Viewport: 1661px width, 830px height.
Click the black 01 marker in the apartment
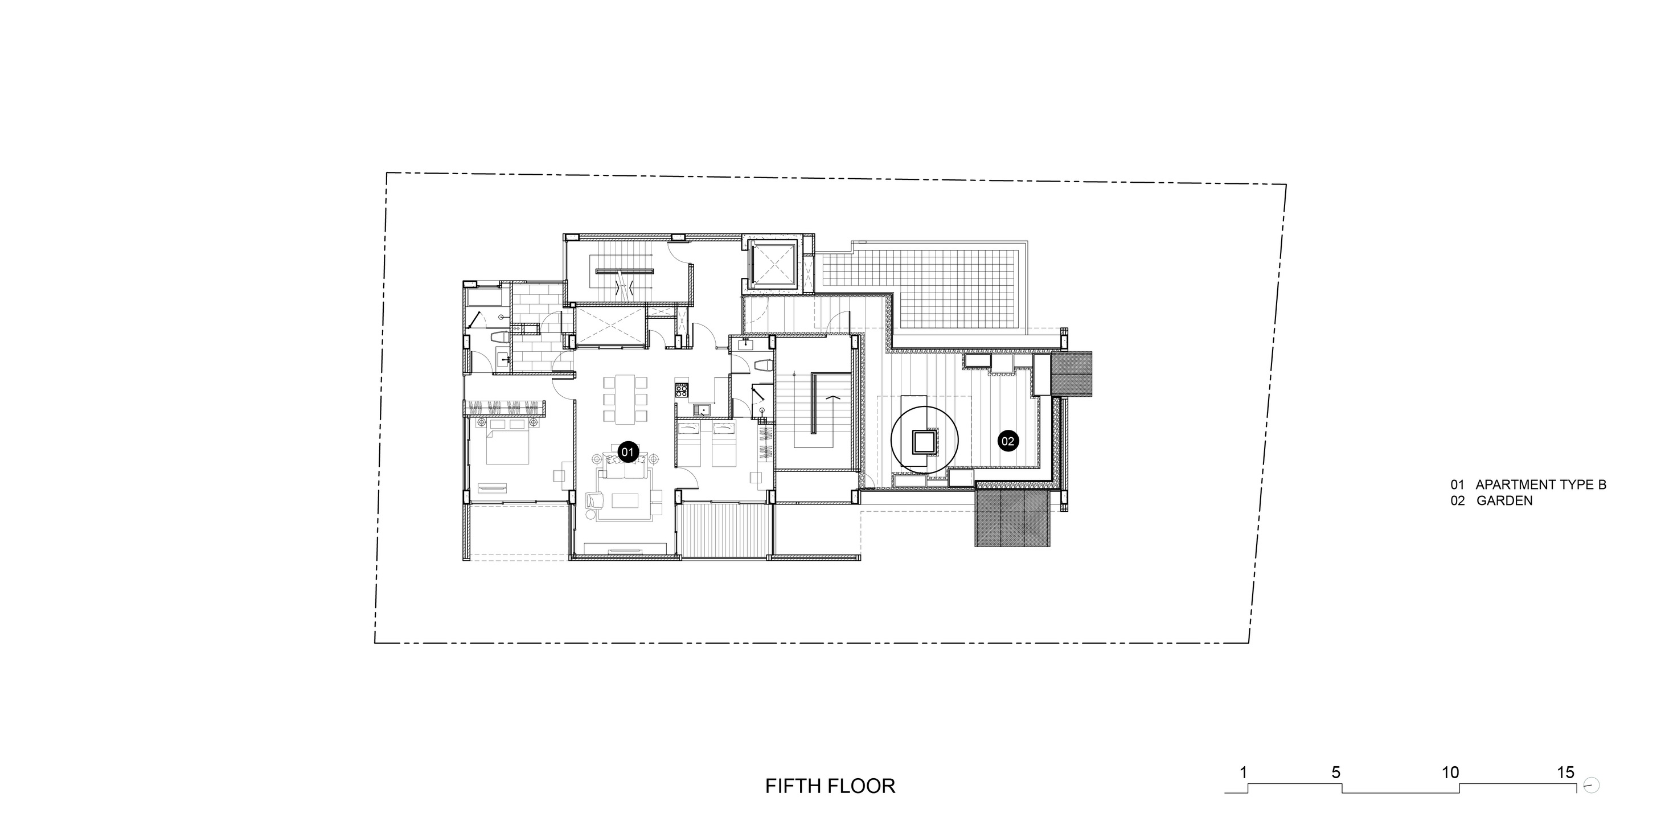click(x=628, y=453)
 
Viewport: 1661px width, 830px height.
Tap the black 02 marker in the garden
click(x=1007, y=441)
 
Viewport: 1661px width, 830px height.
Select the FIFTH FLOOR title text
click(x=830, y=786)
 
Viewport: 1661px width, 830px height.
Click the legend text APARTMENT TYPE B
click(x=1541, y=485)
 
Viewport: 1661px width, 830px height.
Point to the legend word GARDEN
click(x=1504, y=501)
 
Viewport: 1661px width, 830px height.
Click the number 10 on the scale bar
click(x=1451, y=773)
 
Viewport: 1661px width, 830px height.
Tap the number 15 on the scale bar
click(x=1565, y=773)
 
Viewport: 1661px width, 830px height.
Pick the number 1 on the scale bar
click(x=1244, y=773)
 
